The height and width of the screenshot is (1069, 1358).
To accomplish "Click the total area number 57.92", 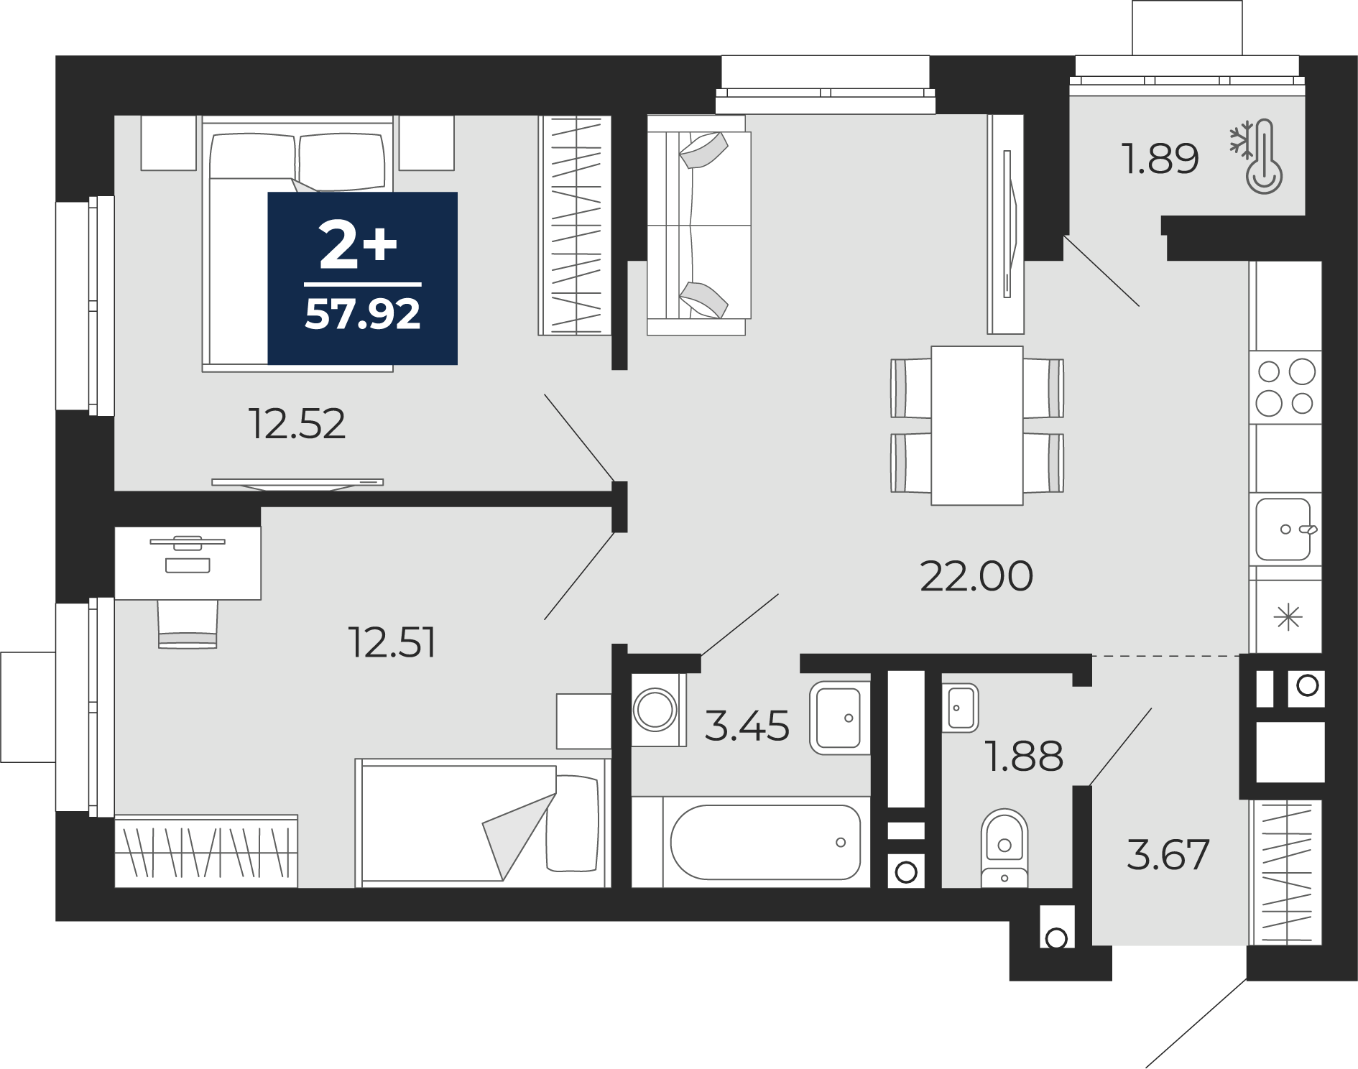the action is (x=362, y=315).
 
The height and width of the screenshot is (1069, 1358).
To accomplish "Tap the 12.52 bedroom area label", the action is (x=297, y=423).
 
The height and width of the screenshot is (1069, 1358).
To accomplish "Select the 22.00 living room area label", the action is (x=976, y=576).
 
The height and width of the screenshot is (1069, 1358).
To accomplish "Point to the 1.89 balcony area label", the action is (x=1160, y=159).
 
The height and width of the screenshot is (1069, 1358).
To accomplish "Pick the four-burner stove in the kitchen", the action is (x=1285, y=388).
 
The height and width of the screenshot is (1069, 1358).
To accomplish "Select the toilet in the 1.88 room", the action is (x=1004, y=848).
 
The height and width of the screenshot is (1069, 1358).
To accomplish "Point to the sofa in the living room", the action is (x=698, y=225).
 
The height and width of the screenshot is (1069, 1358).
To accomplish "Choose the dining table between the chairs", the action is (x=977, y=425).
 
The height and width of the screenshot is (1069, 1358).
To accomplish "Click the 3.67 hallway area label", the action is (x=1168, y=855).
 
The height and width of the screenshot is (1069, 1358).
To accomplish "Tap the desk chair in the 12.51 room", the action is (x=188, y=624).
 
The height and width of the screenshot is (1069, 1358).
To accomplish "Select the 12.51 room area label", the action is (x=392, y=642).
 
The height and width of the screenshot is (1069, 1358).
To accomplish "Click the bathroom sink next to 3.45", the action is (x=839, y=718).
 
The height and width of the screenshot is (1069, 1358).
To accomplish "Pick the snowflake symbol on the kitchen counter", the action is (x=1288, y=618).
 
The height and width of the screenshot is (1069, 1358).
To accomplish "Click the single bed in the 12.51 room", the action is (x=482, y=823).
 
